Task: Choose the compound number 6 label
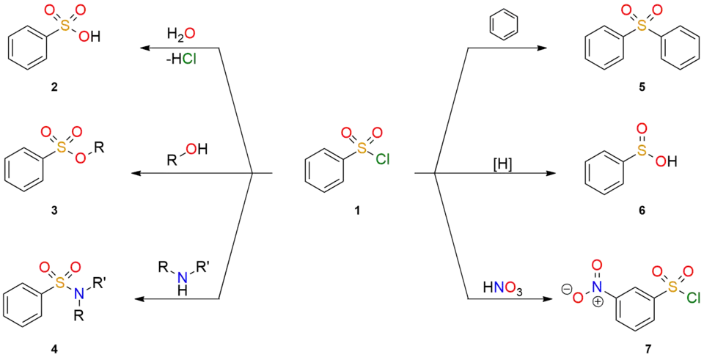pyautogui.click(x=643, y=210)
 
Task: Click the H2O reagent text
pyautogui.click(x=183, y=34)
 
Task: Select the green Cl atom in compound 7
pyautogui.click(x=693, y=296)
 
